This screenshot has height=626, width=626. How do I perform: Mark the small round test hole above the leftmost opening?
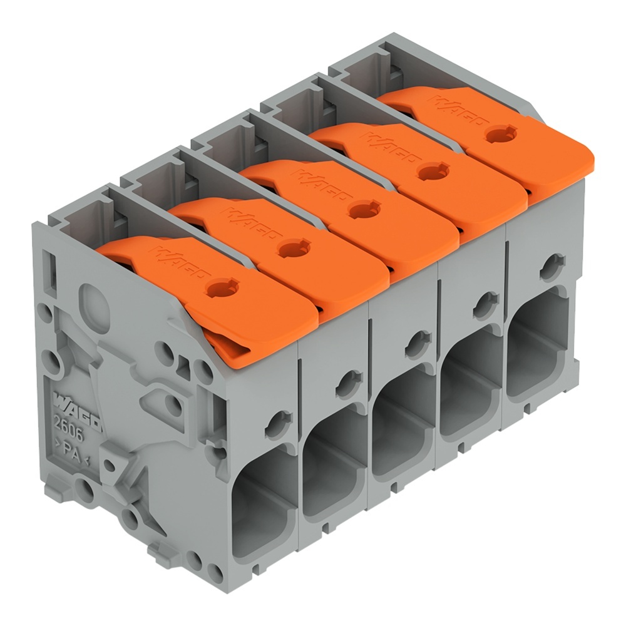point(277,424)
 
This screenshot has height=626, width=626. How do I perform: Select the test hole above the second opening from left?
point(347,384)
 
